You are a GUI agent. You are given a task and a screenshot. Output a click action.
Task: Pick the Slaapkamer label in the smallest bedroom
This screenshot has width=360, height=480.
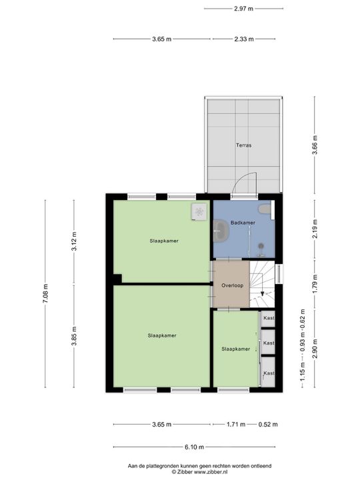[235, 349]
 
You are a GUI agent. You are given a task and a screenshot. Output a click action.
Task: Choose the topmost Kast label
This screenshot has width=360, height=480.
[269, 319]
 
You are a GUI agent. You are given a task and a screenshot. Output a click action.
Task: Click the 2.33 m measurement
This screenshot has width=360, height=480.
[244, 39]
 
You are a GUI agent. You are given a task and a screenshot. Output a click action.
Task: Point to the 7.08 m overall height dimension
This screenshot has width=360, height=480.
[45, 293]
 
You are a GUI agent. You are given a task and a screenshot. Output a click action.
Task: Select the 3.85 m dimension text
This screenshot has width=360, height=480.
[74, 336]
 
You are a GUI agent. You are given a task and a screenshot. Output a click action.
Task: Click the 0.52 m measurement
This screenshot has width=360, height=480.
[269, 425]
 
